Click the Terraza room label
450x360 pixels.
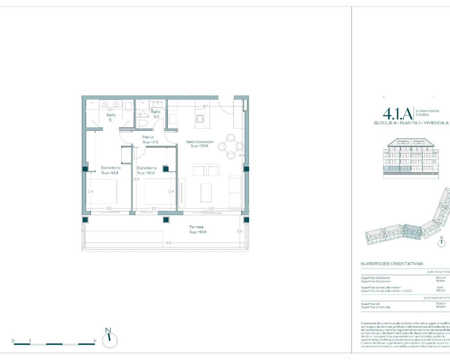196,227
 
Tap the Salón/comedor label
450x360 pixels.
200,142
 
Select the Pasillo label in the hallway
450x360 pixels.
148,137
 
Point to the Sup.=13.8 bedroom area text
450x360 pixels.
110,173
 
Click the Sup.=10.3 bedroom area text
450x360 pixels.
146,173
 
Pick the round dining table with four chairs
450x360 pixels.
231,146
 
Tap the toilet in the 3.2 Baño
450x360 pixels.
144,123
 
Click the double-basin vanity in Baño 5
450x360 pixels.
110,104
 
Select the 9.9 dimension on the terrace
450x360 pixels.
168,243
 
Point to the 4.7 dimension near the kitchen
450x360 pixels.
205,107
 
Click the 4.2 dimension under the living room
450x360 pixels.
211,208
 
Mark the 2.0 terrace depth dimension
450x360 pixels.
239,231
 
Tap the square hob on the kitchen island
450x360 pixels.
200,119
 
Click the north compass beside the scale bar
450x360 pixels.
110,339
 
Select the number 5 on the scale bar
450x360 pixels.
95,341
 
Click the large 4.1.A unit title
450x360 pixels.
397,113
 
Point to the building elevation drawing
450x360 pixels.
411,158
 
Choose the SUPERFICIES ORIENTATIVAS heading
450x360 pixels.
392,264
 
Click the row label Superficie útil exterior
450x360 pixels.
376,281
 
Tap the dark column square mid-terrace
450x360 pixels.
166,220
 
